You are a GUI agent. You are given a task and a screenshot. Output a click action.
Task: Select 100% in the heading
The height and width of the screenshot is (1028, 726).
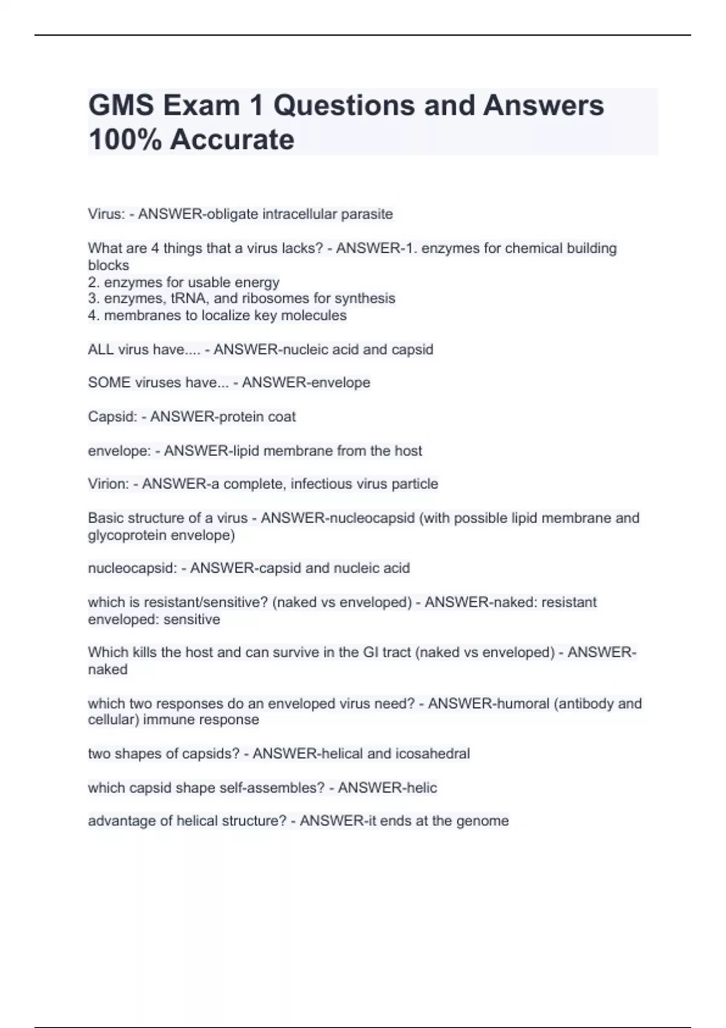tap(125, 140)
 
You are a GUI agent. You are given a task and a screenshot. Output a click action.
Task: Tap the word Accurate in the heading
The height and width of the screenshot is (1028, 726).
tap(232, 140)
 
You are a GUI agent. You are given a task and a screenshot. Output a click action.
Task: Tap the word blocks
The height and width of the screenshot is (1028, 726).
tap(109, 265)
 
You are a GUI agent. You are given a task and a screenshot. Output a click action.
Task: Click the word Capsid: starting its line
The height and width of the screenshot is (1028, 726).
tap(113, 417)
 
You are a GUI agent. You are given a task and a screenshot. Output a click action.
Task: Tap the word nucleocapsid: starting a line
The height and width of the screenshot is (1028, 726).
tap(132, 568)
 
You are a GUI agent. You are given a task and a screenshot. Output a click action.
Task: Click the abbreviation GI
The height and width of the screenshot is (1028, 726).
tap(371, 652)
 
